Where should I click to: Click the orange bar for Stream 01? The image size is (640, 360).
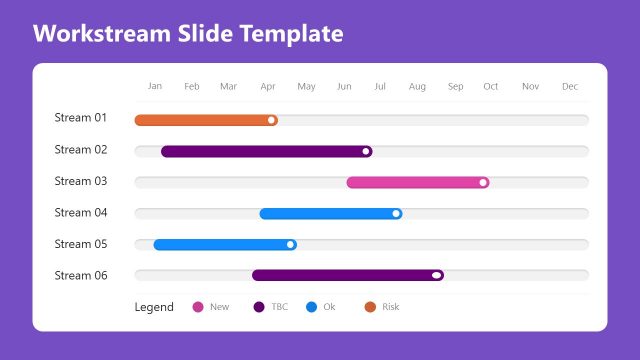tap(205, 120)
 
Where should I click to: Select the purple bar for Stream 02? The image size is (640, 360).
tap(265, 151)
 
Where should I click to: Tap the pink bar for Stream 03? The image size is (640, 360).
tap(415, 182)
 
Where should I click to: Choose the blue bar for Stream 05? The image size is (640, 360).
tap(222, 244)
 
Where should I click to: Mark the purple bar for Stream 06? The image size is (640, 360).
tap(345, 275)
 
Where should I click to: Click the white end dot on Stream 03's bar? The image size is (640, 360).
tap(483, 182)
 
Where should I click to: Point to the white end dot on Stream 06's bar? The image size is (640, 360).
tap(437, 275)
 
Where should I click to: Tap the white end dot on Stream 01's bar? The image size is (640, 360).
tap(271, 120)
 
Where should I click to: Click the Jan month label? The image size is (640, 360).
tap(155, 86)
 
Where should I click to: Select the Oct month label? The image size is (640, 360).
tap(491, 87)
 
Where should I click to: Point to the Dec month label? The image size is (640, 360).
tap(570, 87)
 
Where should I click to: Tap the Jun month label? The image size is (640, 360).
tap(344, 87)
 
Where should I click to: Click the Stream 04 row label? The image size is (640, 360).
tap(81, 213)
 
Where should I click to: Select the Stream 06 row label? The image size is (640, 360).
tap(81, 275)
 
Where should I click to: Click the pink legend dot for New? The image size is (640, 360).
tap(197, 307)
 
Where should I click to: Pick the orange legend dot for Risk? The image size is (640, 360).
tap(370, 307)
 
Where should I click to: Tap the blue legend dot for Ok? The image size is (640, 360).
tap(312, 307)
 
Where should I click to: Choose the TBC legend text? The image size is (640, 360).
tap(279, 307)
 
